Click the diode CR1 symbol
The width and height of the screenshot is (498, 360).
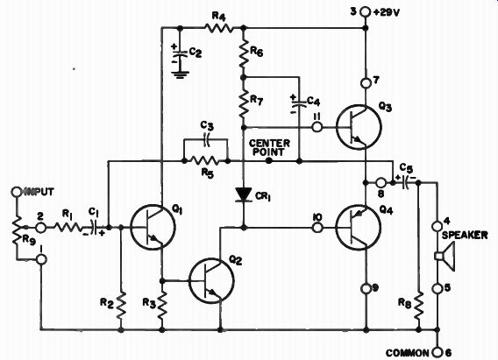coord(244,194)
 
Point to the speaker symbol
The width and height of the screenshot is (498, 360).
coord(445,256)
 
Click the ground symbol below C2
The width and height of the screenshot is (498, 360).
coord(180,74)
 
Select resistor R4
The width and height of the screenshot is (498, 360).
coord(219,28)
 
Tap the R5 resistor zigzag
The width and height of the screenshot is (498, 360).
coord(205,161)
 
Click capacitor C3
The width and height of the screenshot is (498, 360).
coord(207,139)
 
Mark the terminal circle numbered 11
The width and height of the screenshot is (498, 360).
coord(317,127)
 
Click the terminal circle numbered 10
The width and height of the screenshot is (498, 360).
coord(317,228)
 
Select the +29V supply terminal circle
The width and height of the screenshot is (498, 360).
coord(366,12)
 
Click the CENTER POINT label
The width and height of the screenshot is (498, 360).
coord(269,147)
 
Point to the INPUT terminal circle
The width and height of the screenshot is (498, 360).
coord(16,192)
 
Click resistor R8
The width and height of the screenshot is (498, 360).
coord(418,306)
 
